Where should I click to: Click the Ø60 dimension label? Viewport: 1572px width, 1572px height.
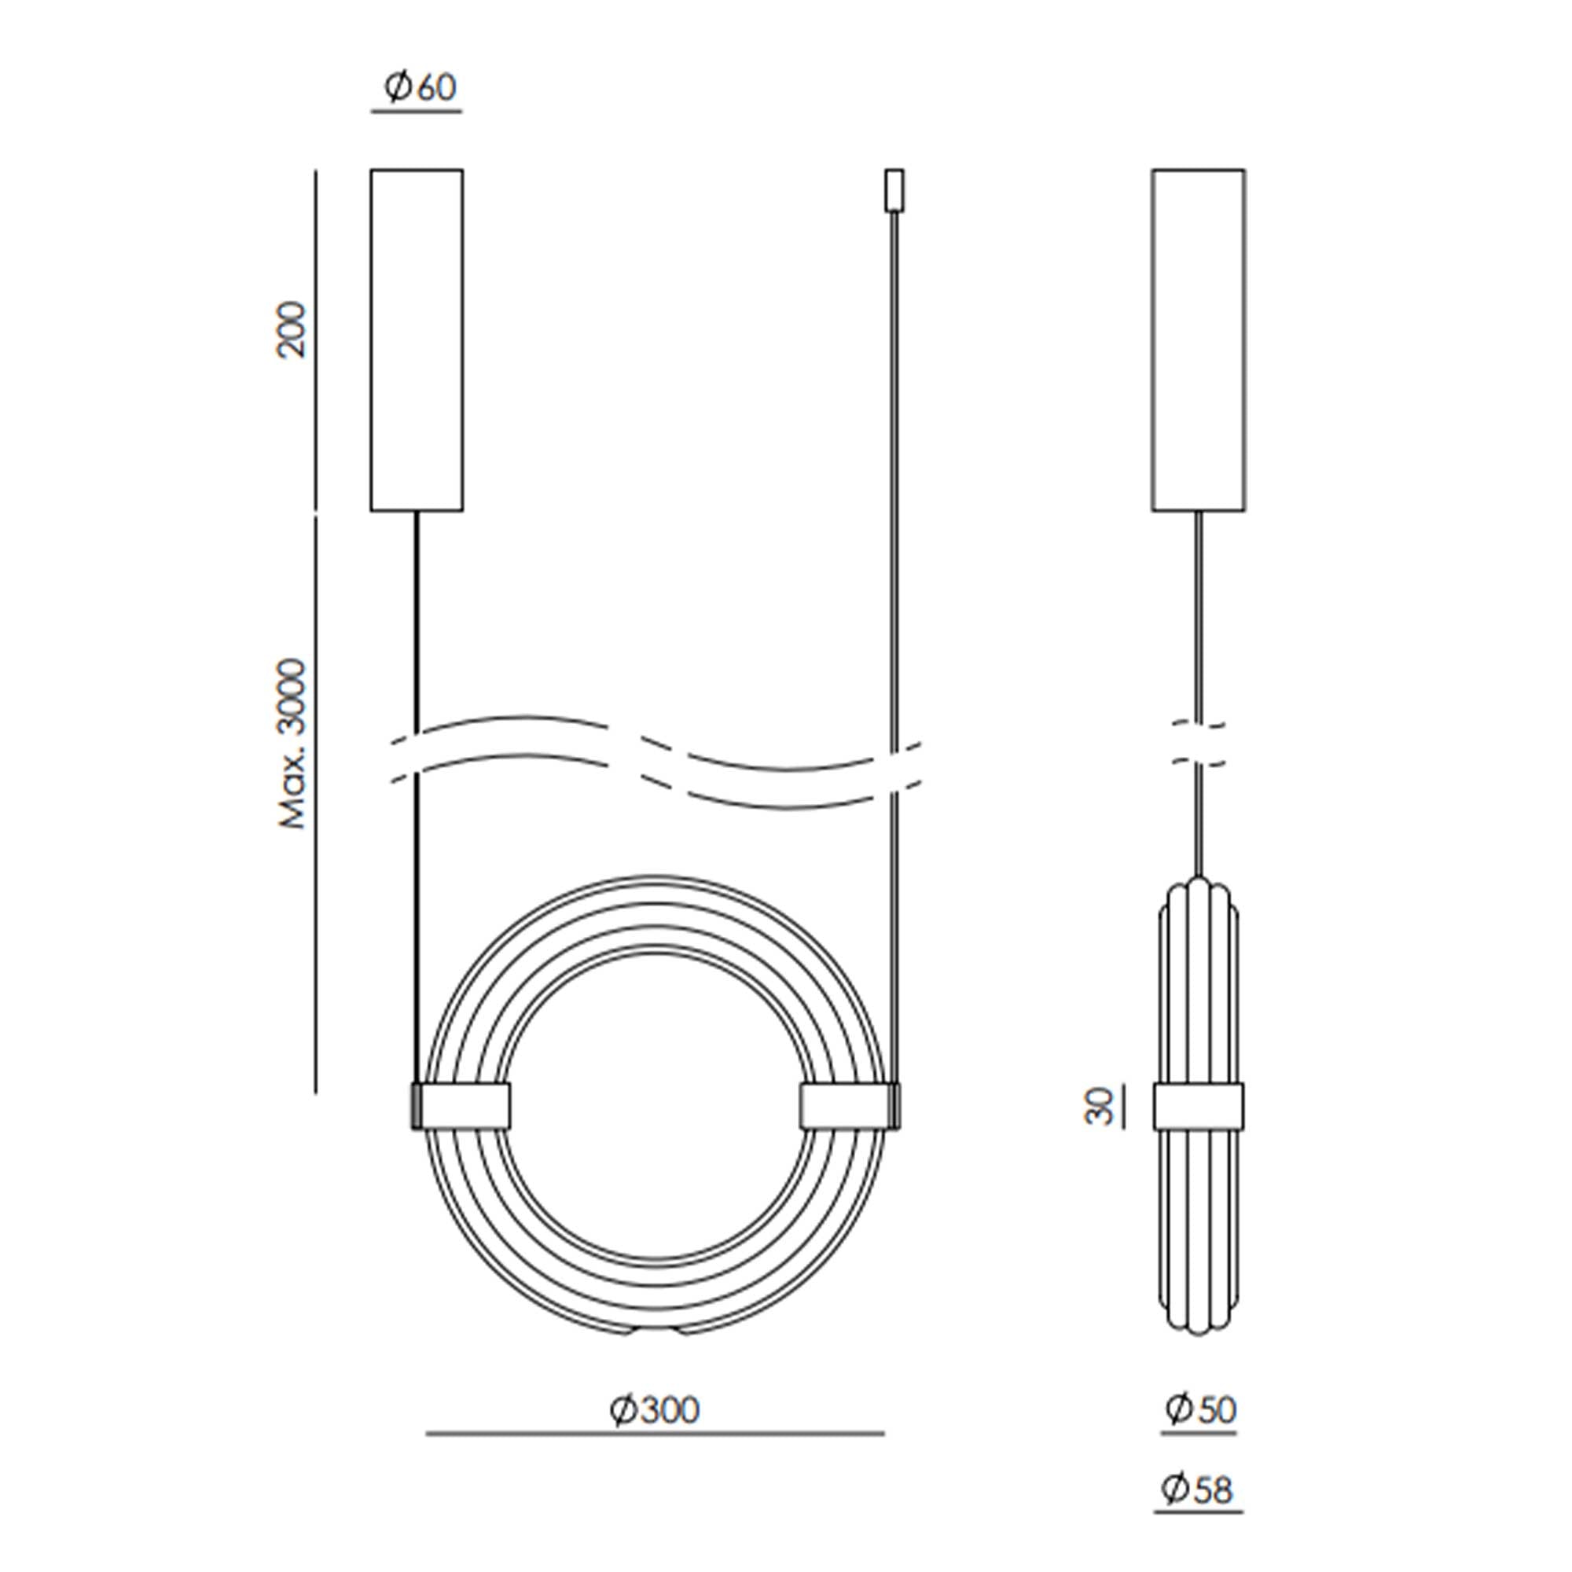(x=421, y=87)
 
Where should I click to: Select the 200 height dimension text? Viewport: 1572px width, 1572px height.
(x=291, y=329)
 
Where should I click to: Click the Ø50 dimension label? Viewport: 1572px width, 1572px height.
(x=1200, y=1409)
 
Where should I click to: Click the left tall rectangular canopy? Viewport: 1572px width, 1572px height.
(x=417, y=340)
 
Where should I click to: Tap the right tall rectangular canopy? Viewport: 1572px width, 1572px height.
(x=1199, y=340)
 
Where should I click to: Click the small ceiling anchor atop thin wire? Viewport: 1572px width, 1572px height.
(x=894, y=190)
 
